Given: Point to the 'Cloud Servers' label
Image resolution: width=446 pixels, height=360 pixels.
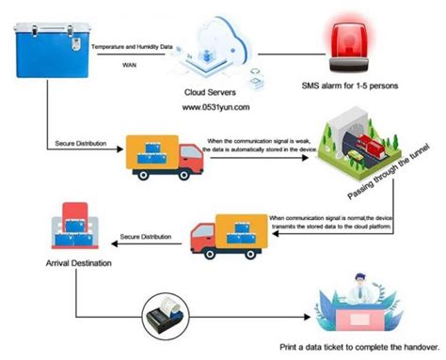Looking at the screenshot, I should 214,91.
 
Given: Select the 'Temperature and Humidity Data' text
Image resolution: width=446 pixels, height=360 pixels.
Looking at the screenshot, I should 133,45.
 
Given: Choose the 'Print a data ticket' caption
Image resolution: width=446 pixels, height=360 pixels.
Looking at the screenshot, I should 361,347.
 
